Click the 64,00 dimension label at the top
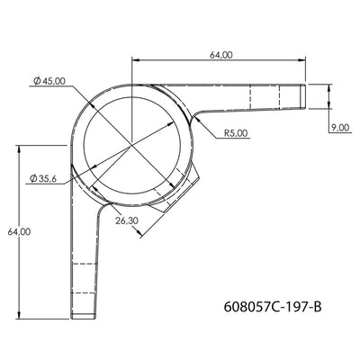[x=221, y=55]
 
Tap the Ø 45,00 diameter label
[x=49, y=82]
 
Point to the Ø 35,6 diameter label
[x=44, y=179]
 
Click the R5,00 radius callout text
[x=235, y=134]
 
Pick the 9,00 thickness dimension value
[x=339, y=129]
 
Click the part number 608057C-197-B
[x=271, y=307]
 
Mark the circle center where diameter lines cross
[x=133, y=143]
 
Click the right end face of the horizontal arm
[x=307, y=95]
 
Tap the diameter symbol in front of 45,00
[x=34, y=82]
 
